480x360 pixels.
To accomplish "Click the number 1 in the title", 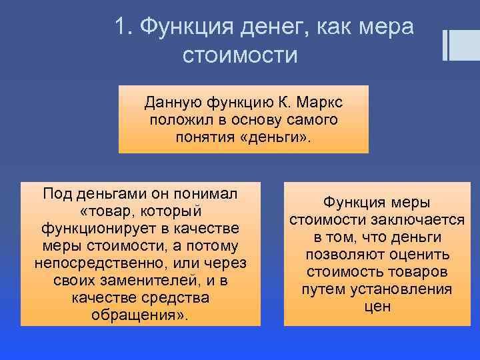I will [x=121, y=27].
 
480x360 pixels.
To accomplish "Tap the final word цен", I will [x=377, y=307].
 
